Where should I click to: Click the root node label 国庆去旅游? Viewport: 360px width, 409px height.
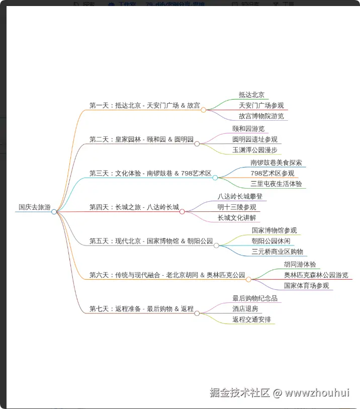click(35, 207)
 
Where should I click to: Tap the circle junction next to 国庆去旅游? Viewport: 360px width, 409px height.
click(54, 212)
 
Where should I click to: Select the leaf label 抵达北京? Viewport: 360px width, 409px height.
click(251, 95)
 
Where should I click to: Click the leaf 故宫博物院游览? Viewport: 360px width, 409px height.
click(261, 116)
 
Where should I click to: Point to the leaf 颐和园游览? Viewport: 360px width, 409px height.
click(248, 129)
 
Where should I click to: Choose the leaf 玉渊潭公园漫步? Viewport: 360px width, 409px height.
click(255, 150)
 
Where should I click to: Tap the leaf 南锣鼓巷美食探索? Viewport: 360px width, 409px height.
click(276, 163)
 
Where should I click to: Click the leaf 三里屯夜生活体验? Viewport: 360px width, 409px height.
click(276, 184)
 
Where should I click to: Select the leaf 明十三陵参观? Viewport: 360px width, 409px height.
click(237, 207)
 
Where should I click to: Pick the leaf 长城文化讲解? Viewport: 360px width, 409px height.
click(237, 218)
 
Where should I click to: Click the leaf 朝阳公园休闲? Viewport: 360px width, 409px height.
click(271, 241)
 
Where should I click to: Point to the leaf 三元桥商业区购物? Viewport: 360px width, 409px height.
click(277, 252)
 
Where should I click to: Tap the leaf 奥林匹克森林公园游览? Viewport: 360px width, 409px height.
click(316, 275)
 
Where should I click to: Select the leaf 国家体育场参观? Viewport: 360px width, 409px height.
click(306, 286)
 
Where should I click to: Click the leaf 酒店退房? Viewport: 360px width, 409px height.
click(245, 309)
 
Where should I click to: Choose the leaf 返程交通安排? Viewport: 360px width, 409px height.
click(251, 319)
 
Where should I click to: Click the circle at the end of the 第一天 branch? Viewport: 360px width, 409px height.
click(203, 110)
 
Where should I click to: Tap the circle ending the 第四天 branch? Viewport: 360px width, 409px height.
click(182, 211)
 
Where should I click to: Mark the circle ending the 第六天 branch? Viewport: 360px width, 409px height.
click(248, 280)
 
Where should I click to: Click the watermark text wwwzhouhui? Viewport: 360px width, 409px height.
click(317, 392)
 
